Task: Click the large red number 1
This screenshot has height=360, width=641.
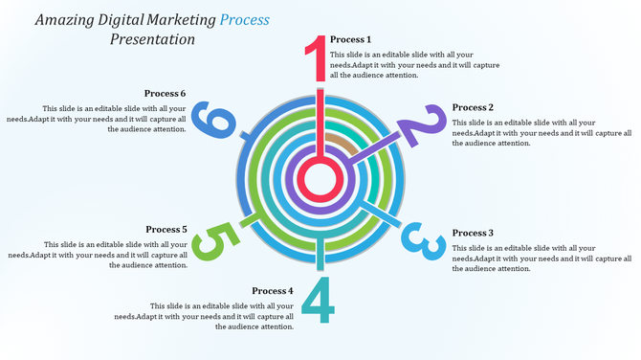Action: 317,59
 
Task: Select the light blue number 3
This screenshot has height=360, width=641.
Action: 422,241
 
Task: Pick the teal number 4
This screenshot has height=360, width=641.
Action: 319,300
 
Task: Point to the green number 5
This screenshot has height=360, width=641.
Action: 211,242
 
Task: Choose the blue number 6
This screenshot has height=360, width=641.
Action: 212,122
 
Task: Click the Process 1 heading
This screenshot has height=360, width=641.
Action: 350,39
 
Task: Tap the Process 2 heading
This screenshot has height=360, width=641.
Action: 473,107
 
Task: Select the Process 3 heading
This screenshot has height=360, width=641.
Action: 473,233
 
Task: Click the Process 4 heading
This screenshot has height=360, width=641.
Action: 273,290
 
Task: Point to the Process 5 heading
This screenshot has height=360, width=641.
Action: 166,229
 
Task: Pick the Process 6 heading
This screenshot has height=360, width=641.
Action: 166,93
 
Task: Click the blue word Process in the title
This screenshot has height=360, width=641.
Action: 244,18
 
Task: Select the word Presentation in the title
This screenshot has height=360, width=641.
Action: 152,39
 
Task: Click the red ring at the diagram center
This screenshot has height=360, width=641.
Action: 317,178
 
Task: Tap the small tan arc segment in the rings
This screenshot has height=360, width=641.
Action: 336,143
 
